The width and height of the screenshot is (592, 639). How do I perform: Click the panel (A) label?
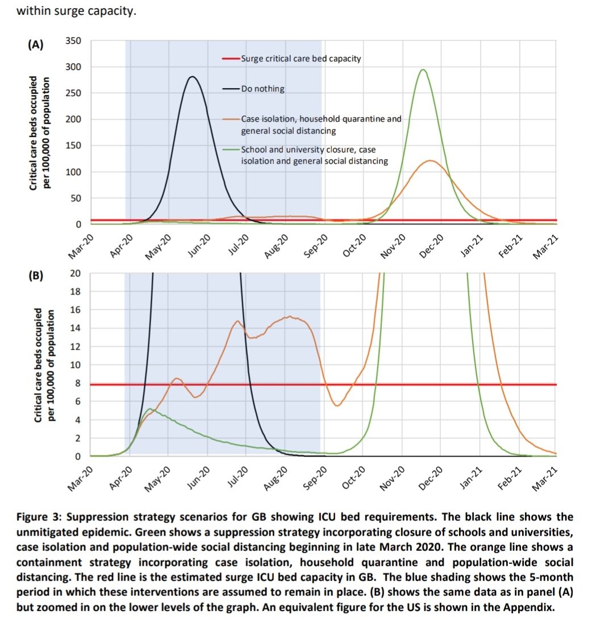tap(36, 45)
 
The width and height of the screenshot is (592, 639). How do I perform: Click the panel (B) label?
tap(36, 277)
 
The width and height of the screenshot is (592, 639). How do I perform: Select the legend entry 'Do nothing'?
tap(262, 89)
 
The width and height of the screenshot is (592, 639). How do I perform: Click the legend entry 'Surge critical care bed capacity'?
tap(301, 59)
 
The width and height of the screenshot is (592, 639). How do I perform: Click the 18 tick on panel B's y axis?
tap(76, 292)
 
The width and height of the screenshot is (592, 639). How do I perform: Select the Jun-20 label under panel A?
tap(199, 247)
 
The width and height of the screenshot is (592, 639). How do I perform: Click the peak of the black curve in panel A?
tap(192, 76)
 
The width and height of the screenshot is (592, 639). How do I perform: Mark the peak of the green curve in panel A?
tap(423, 69)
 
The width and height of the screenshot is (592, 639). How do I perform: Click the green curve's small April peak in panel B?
tap(150, 409)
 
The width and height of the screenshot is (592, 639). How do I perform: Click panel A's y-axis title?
tap(39, 132)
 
